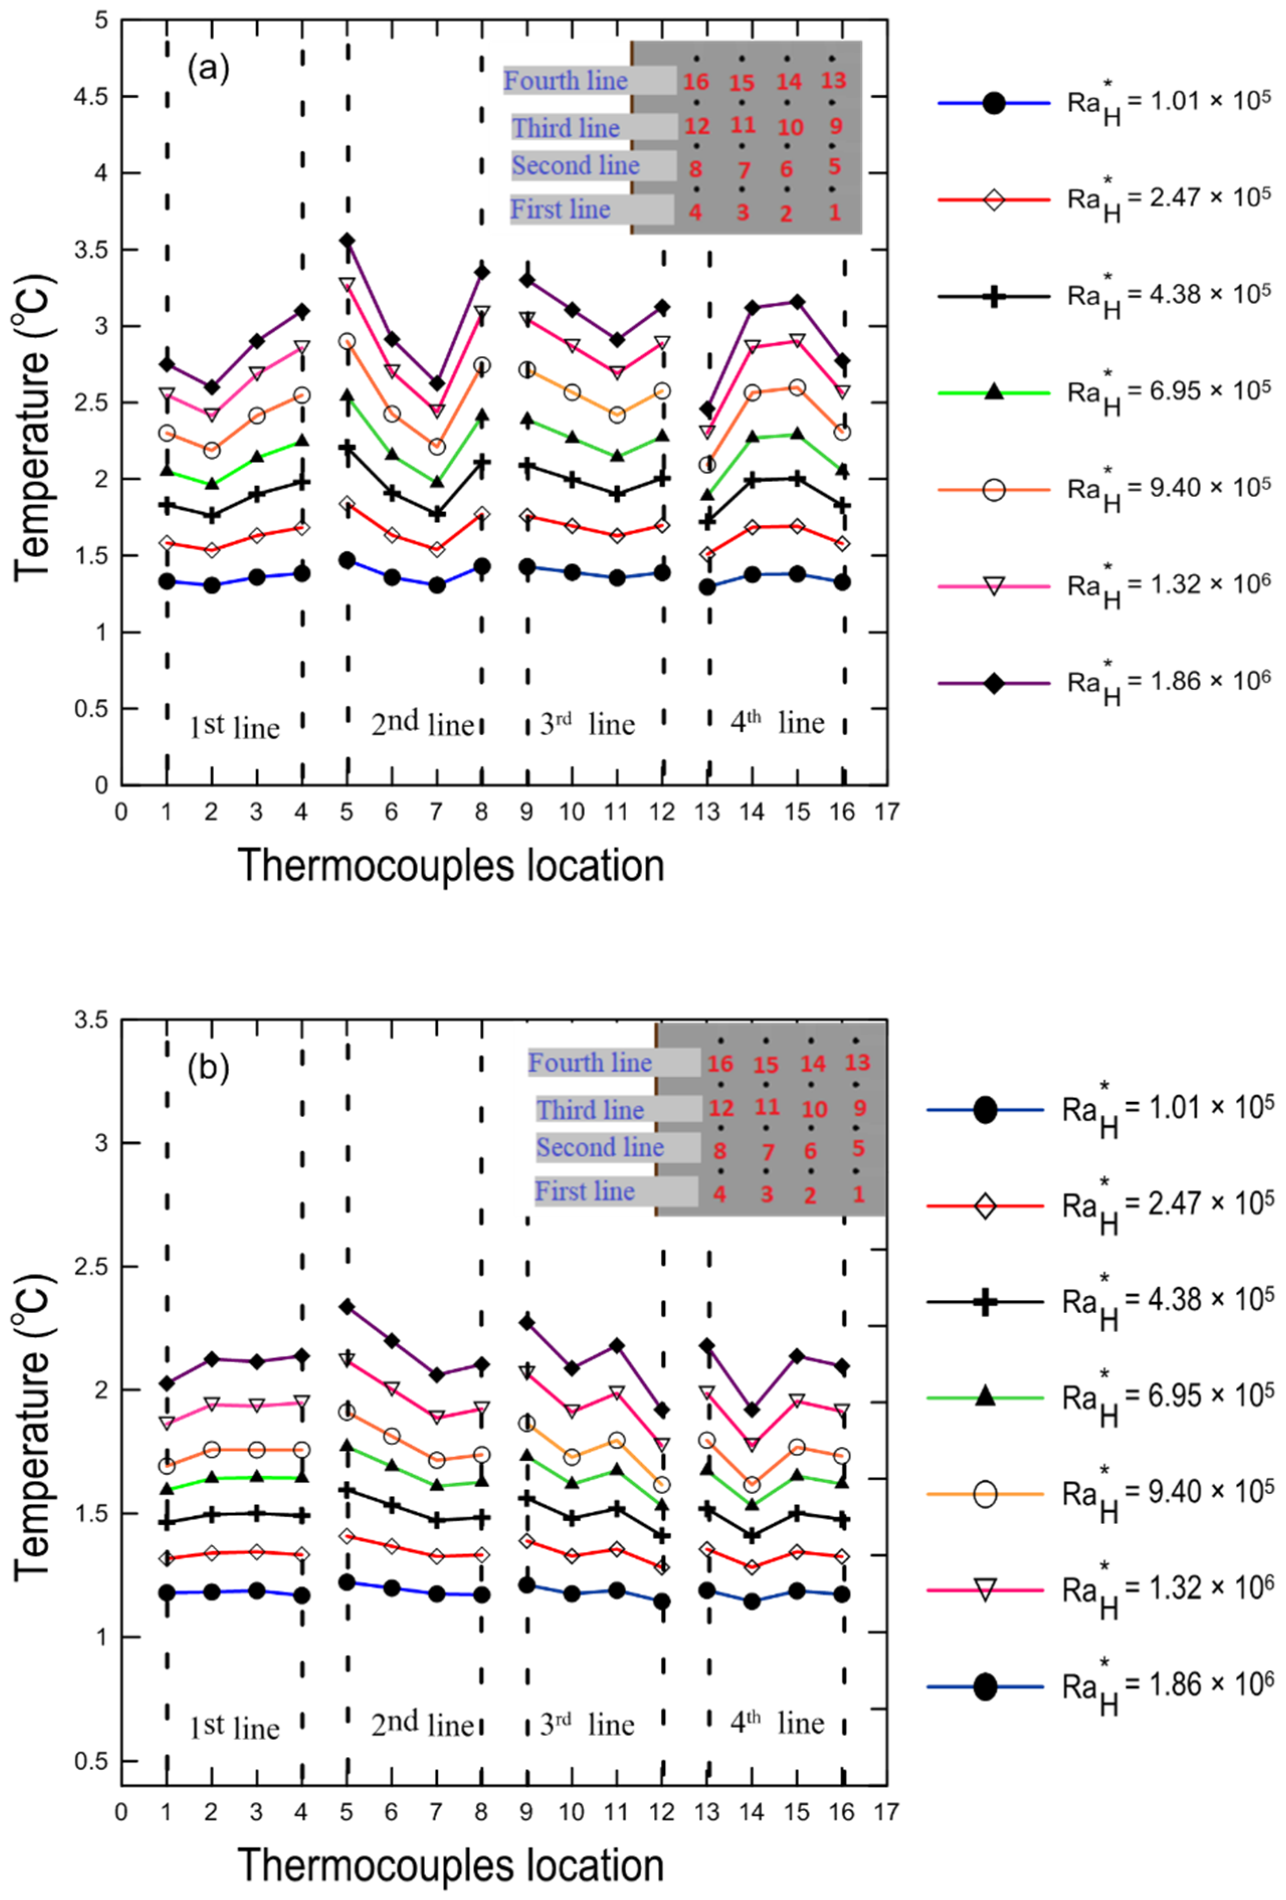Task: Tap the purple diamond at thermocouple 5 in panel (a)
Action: click(x=347, y=240)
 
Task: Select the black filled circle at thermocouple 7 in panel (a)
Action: click(x=437, y=585)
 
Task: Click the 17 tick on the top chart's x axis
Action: click(x=886, y=812)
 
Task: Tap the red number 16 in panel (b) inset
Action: click(x=720, y=1064)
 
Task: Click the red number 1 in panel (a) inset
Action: click(x=835, y=213)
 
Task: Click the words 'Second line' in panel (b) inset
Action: click(x=599, y=1147)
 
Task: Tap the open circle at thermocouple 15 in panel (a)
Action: click(x=797, y=387)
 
